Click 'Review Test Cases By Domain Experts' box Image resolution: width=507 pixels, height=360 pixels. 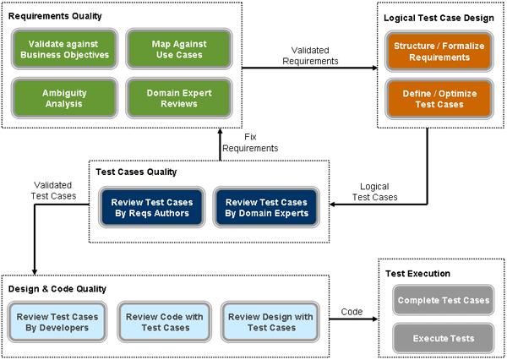click(x=265, y=208)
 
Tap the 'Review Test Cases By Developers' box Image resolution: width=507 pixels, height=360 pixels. click(x=57, y=322)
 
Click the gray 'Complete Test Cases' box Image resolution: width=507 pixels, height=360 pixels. click(x=440, y=301)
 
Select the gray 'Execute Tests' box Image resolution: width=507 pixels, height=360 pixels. click(x=440, y=338)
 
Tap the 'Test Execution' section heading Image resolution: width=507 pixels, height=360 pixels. click(x=417, y=274)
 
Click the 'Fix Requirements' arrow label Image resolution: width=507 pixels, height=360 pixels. click(x=250, y=143)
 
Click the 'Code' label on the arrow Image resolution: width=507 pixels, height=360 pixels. click(x=352, y=312)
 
